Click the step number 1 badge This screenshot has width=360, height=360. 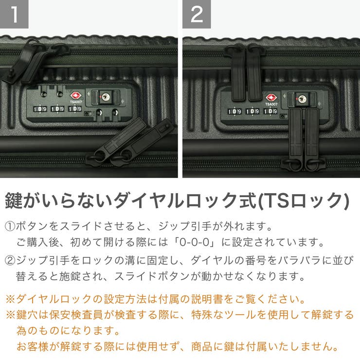(14, 14)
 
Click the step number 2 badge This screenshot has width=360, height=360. (197, 14)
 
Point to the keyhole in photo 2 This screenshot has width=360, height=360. (302, 99)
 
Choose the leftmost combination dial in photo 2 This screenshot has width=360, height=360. (235, 111)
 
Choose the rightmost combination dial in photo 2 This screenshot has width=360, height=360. (270, 111)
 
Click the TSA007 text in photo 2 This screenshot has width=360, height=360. (271, 104)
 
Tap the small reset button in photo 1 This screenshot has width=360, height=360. (86, 114)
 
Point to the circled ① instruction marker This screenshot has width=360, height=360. (10, 227)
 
